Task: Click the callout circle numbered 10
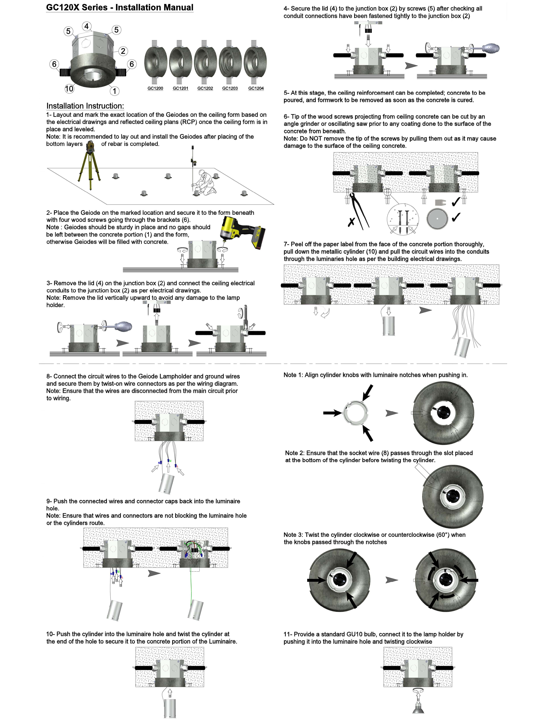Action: [x=69, y=89]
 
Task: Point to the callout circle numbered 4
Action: [x=87, y=26]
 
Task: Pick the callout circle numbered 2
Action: [x=123, y=51]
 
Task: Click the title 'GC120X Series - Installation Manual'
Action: [x=120, y=8]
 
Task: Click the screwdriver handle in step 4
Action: [x=490, y=49]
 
